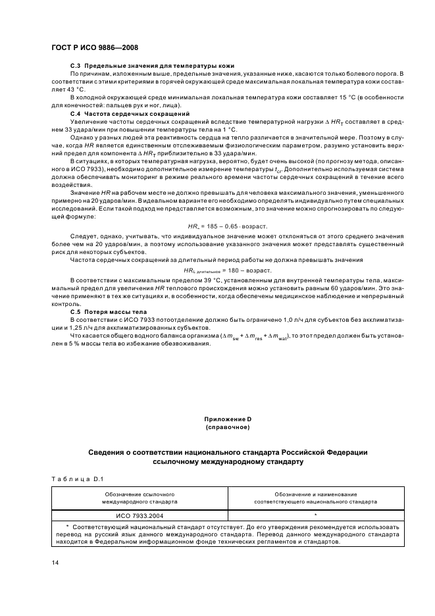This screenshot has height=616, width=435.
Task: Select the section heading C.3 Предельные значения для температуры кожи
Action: pyautogui.click(x=153, y=66)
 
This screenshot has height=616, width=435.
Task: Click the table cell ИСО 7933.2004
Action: pyautogui.click(x=139, y=515)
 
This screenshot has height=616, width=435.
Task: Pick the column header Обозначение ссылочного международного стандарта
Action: pyautogui.click(x=139, y=498)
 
